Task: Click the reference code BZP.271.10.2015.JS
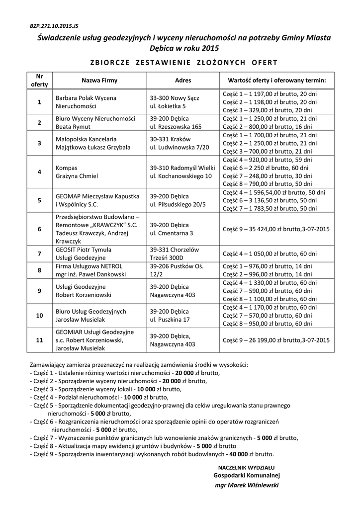point(50,23)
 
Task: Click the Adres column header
point(183,80)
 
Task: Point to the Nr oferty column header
point(39,80)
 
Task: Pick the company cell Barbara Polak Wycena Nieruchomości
point(86,102)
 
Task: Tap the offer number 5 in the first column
point(39,200)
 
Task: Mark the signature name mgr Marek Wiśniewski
point(247,485)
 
